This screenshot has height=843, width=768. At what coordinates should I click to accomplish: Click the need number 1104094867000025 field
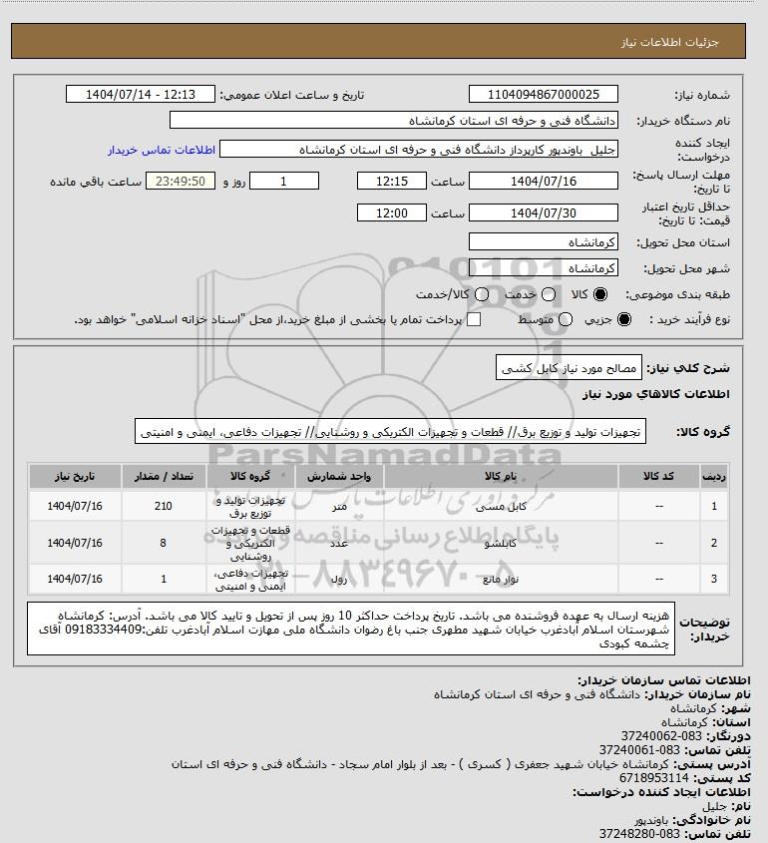tap(543, 95)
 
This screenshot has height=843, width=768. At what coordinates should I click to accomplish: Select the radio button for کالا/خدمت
tap(482, 295)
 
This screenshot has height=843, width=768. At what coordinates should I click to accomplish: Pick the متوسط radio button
tap(566, 319)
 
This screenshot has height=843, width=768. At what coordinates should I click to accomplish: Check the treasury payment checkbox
tap(474, 319)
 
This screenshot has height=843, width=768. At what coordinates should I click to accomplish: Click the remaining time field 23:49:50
tap(181, 182)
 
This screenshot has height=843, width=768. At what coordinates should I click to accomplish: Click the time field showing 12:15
tap(391, 182)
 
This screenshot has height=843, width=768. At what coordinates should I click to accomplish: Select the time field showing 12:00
tap(391, 212)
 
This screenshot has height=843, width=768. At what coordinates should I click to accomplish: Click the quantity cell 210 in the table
tap(165, 506)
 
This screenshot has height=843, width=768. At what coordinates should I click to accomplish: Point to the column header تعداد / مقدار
tap(165, 476)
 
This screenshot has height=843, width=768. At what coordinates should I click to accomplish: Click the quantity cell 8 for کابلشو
tap(165, 543)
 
